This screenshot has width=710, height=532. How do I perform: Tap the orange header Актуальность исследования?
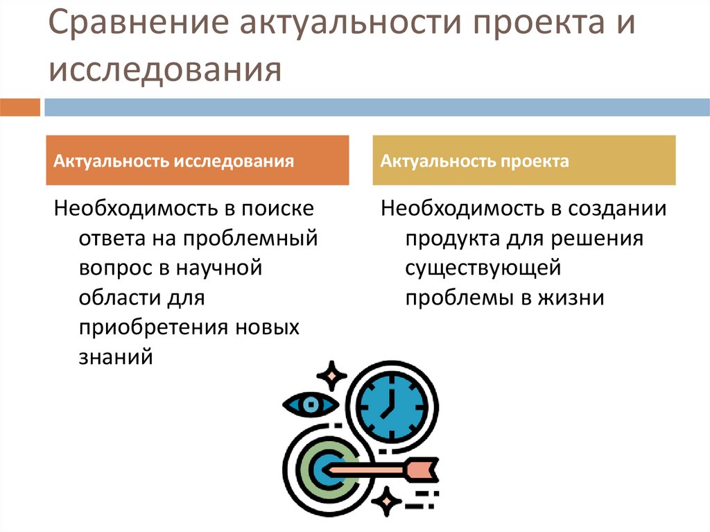pos(198,161)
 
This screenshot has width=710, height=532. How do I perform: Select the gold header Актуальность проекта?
pos(524,161)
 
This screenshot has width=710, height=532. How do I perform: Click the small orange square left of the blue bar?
pos(20,108)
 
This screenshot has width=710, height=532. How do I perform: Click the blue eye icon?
pos(310,404)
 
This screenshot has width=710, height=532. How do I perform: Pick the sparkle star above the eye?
pos(332,375)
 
